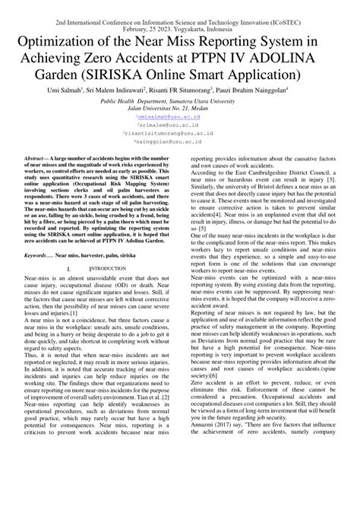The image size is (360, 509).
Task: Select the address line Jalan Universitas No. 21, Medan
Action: tap(179, 109)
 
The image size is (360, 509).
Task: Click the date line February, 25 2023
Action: tap(179, 15)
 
